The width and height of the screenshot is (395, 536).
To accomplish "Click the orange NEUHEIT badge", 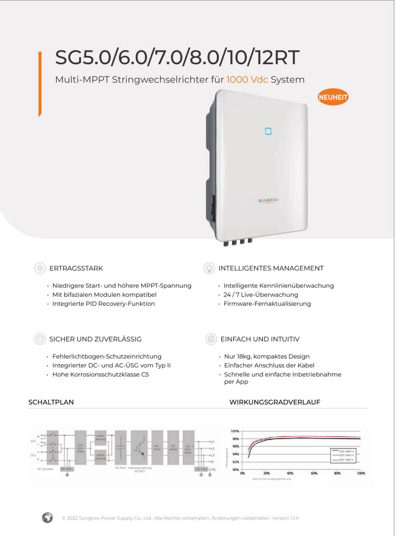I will pos(333,97).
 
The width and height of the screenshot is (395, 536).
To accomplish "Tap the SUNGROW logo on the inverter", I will pos(269,201).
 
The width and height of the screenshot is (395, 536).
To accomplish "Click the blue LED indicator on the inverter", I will pos(268,131).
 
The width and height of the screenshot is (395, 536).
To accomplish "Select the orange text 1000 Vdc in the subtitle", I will pos(247,80).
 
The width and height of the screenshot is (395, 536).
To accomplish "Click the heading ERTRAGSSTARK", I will pos(76,268).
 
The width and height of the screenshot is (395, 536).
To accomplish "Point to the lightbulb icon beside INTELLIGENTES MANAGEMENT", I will pos(209,268).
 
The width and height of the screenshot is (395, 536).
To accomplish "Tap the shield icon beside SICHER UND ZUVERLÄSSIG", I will pos(40,339).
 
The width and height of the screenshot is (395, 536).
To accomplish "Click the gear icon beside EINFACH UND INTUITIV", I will pos(211,339).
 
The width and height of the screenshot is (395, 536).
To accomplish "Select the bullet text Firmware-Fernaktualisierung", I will pos(267,303).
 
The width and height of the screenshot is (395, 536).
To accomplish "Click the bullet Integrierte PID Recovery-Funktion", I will pos(104,303).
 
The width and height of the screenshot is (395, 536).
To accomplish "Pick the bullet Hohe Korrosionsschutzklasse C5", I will pos(101,374).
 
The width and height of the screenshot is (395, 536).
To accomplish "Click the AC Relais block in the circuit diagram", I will pos(173,447).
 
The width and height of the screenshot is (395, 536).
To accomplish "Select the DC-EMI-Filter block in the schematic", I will pos(80,447).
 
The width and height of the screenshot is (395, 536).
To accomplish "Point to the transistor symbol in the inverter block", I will pos(141,447).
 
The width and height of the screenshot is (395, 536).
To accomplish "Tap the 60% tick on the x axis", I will pos(314,473).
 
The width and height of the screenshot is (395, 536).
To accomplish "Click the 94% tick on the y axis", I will pos(236,454).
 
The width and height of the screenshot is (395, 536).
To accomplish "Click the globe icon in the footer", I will pos(47,518).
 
